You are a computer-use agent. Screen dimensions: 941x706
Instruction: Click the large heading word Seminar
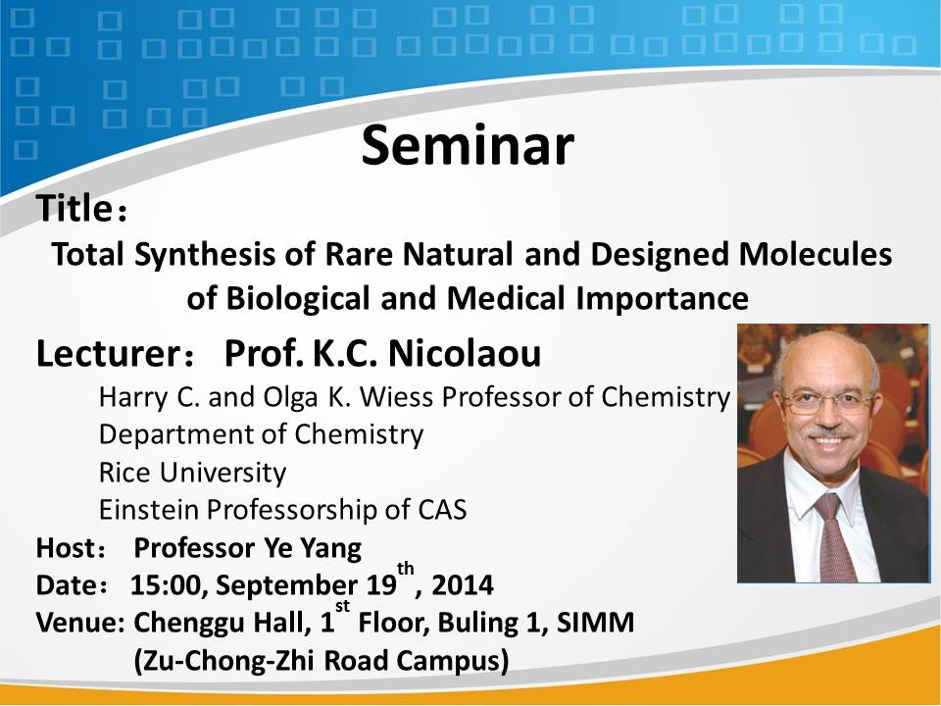point(468,145)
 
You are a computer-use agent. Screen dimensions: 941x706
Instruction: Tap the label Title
point(74,208)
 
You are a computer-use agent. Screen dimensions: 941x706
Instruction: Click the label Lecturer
point(106,353)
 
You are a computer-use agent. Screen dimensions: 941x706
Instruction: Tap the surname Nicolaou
point(465,353)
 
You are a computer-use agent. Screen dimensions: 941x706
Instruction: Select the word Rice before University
point(124,472)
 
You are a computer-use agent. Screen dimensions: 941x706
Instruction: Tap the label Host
point(66,547)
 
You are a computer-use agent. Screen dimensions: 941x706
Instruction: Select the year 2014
point(462,585)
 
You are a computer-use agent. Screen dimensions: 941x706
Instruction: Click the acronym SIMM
point(595,623)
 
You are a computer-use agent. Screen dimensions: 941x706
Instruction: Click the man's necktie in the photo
point(835,536)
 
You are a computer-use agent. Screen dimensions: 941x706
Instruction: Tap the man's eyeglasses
point(829,402)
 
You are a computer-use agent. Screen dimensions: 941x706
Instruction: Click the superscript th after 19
point(406,568)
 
